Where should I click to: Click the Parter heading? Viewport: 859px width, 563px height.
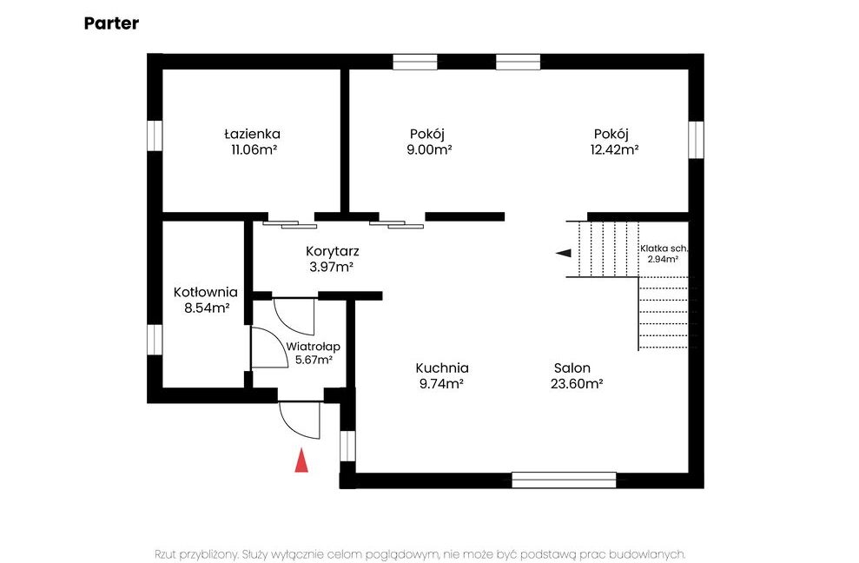(111, 23)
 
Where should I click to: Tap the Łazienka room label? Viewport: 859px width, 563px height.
(252, 134)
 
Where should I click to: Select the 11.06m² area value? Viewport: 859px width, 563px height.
(254, 149)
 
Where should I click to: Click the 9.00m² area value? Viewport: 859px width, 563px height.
(429, 149)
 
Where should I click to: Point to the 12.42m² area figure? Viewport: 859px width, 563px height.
(614, 149)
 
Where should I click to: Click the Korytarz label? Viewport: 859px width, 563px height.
(333, 252)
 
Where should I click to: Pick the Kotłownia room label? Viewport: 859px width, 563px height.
(206, 292)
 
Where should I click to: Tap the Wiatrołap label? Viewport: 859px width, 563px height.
(313, 347)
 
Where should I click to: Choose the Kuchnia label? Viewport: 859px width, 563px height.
(442, 368)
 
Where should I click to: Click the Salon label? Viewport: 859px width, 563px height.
(572, 368)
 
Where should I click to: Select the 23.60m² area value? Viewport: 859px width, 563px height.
(577, 383)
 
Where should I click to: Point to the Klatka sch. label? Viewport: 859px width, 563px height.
(664, 248)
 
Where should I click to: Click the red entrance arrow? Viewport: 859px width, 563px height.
(301, 460)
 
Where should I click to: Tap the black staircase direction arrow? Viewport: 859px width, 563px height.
(564, 253)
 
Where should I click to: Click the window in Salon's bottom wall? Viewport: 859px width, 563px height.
(564, 480)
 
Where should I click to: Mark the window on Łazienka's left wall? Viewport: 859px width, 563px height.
(155, 136)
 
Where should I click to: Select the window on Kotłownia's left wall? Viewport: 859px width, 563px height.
(155, 340)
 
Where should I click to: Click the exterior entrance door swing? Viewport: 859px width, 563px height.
(300, 420)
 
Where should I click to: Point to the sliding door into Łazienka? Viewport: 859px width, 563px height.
(290, 224)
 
